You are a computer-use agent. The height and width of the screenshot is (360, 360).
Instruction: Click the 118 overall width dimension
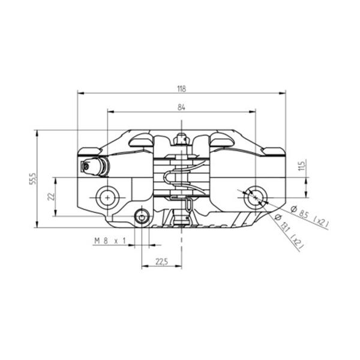coord(181,89)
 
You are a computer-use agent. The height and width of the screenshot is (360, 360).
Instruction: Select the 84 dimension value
coord(181,107)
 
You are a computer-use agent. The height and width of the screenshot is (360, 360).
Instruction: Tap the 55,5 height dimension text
coord(33,179)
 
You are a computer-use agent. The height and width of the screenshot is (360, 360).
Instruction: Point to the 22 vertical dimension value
coord(52,196)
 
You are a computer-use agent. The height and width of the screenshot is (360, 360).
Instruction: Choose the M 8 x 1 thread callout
coord(110,241)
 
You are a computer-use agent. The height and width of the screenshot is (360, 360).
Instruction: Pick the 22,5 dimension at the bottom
coord(162,262)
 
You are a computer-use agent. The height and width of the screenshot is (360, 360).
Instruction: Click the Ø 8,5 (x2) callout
coord(310,215)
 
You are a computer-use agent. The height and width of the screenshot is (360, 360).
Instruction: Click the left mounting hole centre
coord(107,197)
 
